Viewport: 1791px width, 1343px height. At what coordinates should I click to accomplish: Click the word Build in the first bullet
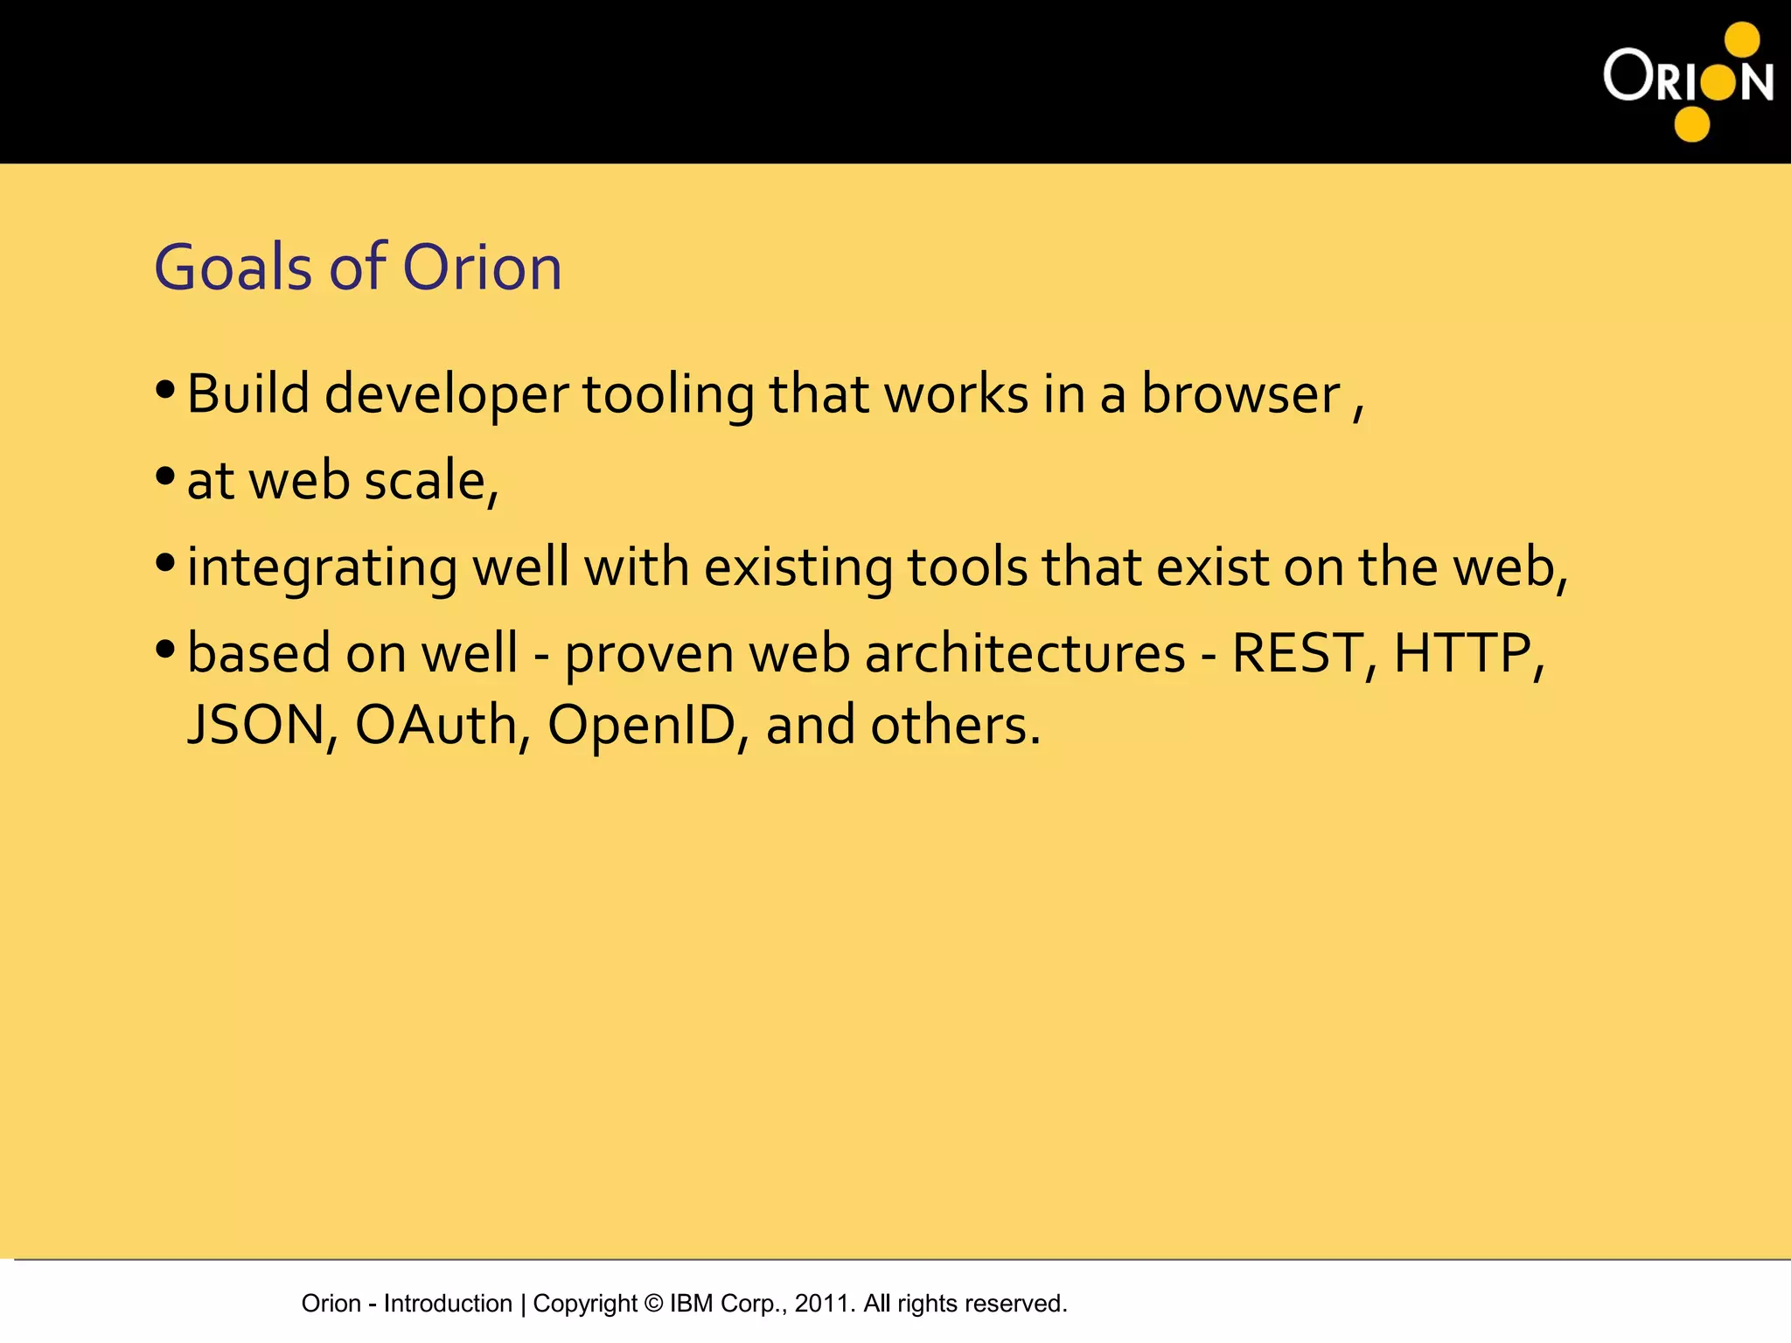tap(248, 394)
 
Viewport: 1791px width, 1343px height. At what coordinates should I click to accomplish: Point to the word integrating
tap(322, 568)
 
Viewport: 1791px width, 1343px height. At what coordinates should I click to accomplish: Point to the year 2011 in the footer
tap(821, 1304)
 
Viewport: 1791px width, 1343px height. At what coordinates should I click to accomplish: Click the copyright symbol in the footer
tap(653, 1304)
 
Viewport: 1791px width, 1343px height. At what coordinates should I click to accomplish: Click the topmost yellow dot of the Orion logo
tap(1742, 39)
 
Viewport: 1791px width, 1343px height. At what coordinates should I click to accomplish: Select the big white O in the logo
tap(1627, 75)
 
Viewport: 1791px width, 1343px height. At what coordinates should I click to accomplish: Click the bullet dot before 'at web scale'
tap(165, 477)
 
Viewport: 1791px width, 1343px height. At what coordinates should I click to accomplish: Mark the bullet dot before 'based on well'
tap(165, 650)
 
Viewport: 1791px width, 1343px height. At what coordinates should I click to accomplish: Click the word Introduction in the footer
tap(448, 1304)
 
